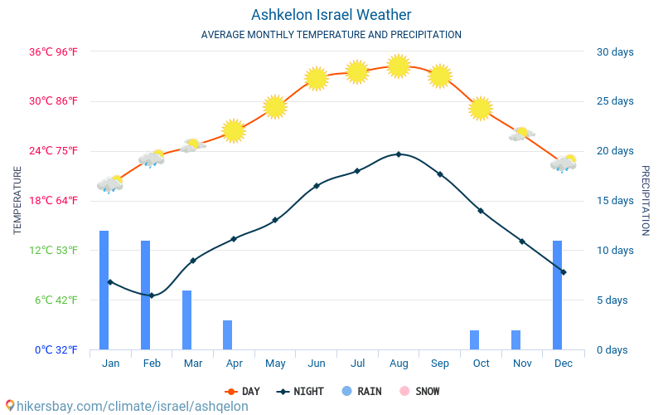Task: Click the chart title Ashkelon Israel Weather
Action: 331,15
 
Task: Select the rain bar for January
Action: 104,290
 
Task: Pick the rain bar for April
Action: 228,334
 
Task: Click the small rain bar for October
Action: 475,339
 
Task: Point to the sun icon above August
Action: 399,66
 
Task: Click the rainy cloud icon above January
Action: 109,184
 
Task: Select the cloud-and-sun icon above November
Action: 521,134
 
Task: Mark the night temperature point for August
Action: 399,154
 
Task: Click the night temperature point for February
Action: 152,295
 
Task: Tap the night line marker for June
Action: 317,186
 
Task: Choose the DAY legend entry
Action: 242,391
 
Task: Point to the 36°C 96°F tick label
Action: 54,51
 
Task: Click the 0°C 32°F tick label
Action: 56,349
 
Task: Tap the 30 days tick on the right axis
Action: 615,51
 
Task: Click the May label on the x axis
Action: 275,364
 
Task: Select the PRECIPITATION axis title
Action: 645,200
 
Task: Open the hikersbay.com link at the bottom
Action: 126,406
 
